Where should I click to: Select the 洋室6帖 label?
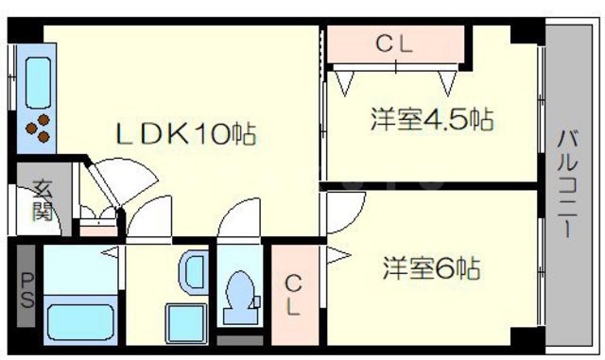pyautogui.click(x=432, y=268)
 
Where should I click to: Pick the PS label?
pyautogui.click(x=26, y=291)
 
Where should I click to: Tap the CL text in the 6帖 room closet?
pyautogui.click(x=294, y=296)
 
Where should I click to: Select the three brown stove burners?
pyautogui.click(x=40, y=127)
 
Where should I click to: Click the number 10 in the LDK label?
pyautogui.click(x=215, y=135)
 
